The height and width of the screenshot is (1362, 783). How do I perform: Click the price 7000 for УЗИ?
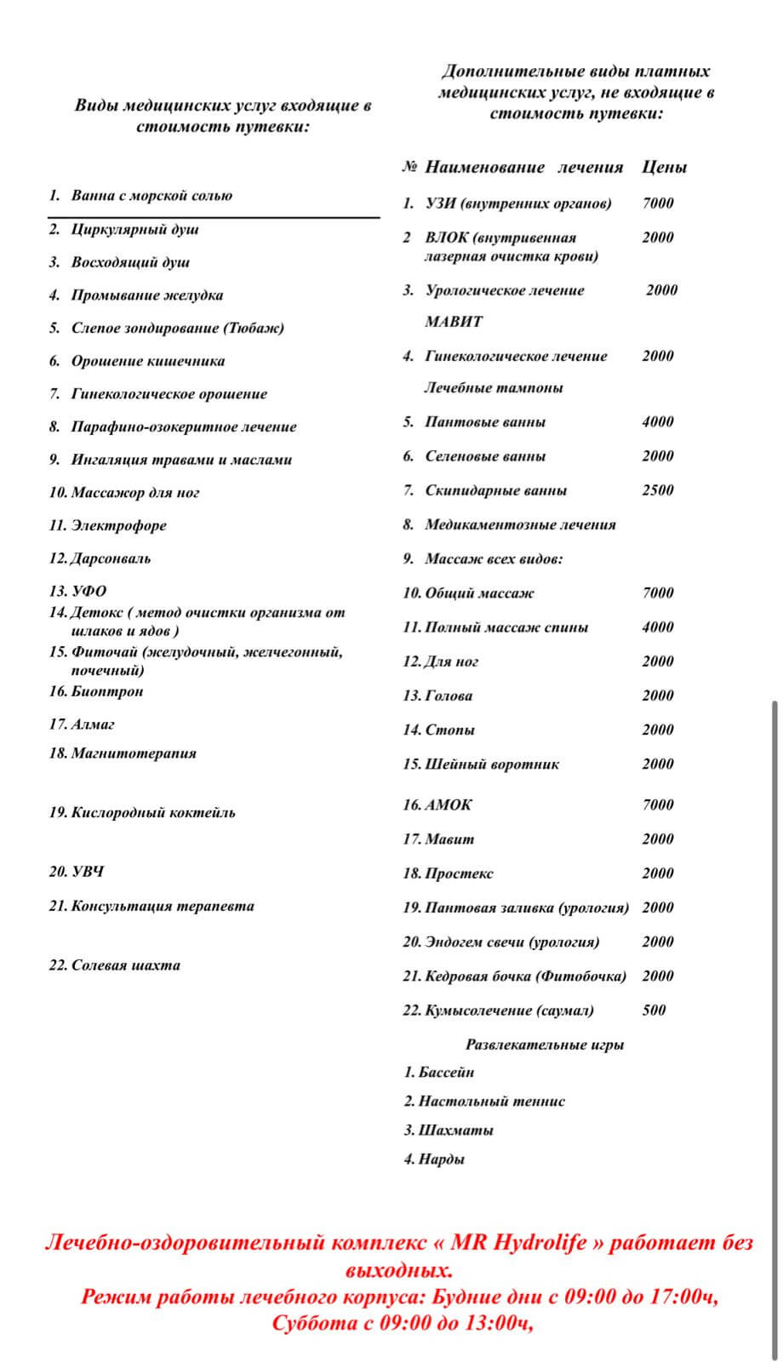658,203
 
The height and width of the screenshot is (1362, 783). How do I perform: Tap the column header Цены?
664,168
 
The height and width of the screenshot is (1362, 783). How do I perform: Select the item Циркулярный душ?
134,230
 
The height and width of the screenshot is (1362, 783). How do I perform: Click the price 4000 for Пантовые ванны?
658,422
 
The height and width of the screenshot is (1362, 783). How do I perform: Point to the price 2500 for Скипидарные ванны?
658,490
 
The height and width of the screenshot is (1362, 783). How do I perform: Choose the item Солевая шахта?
125,965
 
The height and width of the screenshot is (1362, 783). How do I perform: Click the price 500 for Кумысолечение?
654,1010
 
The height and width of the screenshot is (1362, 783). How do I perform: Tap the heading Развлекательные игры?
545,1044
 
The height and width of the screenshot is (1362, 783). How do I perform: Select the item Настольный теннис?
491,1102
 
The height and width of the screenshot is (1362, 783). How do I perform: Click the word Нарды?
441,1159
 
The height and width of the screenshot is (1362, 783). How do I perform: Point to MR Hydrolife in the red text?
518,1243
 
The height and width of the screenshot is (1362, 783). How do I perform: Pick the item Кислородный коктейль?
153,813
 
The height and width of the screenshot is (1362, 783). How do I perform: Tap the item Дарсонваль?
111,558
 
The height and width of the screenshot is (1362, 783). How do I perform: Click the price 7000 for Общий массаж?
658,593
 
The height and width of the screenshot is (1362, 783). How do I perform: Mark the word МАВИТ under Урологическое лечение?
454,322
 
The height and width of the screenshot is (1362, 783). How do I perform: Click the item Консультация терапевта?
162,907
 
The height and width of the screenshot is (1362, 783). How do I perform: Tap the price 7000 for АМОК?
658,805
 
